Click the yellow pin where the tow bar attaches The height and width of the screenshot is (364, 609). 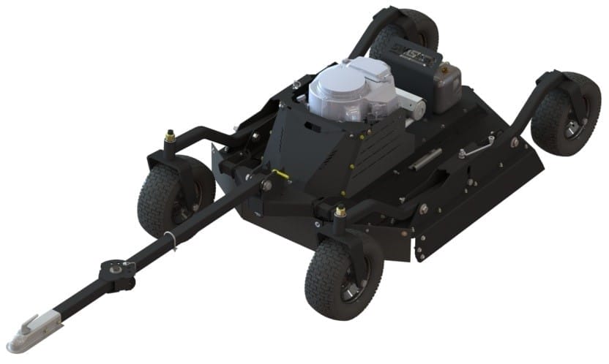tap(277, 174)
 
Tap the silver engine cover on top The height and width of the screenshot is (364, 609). tap(350, 86)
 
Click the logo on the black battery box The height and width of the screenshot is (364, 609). tap(422, 54)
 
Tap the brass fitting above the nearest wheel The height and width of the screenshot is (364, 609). tap(340, 213)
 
